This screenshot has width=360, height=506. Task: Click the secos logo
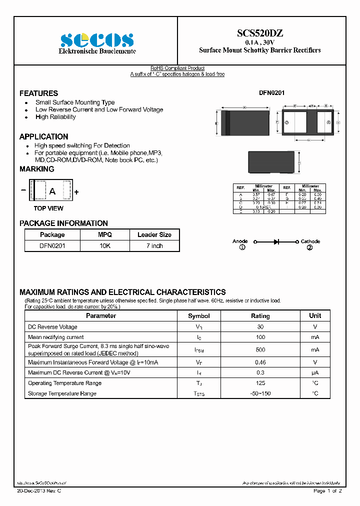pyautogui.click(x=97, y=40)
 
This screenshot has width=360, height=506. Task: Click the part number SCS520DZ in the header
pyautogui.click(x=259, y=33)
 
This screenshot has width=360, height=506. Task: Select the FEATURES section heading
pyautogui.click(x=38, y=93)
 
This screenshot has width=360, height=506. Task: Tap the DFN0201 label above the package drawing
pyautogui.click(x=272, y=93)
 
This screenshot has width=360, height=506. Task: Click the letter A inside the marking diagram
pyautogui.click(x=51, y=191)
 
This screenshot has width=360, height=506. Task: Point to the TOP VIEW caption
pyautogui.click(x=48, y=208)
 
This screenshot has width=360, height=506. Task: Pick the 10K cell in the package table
pyautogui.click(x=105, y=246)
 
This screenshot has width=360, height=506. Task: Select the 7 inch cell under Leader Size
pyautogui.click(x=154, y=246)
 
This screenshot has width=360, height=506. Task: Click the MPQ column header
pyautogui.click(x=105, y=234)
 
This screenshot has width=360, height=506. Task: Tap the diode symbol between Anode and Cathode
pyautogui.click(x=276, y=241)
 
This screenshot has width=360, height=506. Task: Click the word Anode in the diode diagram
pyautogui.click(x=240, y=241)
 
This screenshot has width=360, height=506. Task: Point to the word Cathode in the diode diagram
pyautogui.click(x=310, y=241)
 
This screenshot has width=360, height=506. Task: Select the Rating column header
pyautogui.click(x=260, y=316)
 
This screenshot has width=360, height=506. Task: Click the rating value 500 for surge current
pyautogui.click(x=260, y=349)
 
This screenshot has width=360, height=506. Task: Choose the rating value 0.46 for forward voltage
pyautogui.click(x=260, y=362)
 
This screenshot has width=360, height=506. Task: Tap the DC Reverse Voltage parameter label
pyautogui.click(x=52, y=327)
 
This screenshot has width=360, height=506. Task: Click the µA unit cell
pyautogui.click(x=315, y=372)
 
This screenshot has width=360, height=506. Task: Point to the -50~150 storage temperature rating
pyautogui.click(x=260, y=393)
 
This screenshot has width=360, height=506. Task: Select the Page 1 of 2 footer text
pyautogui.click(x=327, y=491)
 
